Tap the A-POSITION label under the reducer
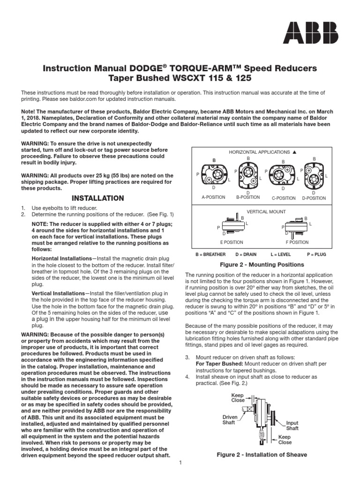coord(213,198)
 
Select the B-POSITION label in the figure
coord(247,197)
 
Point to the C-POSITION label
coord(283,198)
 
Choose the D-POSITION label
coord(314,198)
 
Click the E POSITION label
coord(232,242)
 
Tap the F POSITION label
coord(297,242)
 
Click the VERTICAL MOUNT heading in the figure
coord(266,212)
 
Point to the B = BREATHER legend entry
coord(210,255)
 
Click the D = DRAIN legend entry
coord(247,255)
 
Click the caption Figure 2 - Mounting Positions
coord(262,265)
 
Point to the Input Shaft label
coord(292,426)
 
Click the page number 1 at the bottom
coord(180,464)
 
